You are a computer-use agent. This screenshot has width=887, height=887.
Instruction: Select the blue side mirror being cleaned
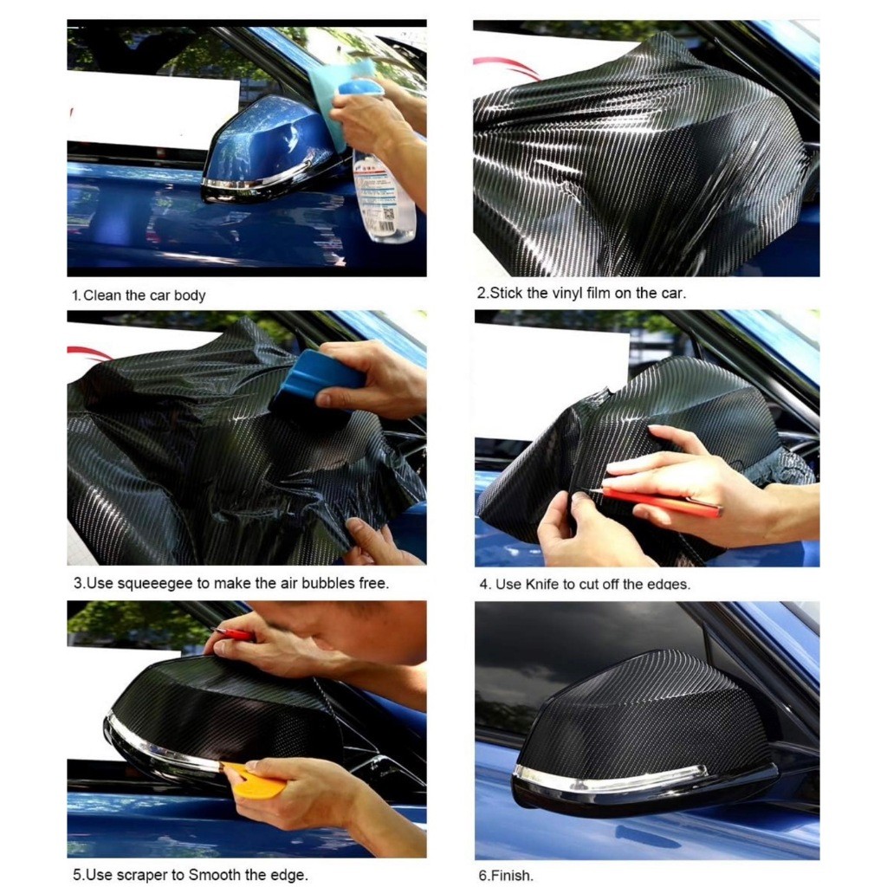[266, 150]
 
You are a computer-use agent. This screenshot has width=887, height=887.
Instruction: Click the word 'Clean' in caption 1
[103, 295]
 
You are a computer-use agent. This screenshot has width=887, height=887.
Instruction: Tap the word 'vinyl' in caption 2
[567, 293]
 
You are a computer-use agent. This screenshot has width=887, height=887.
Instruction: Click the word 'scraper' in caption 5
[144, 875]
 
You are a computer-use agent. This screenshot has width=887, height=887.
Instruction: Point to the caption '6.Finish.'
[506, 875]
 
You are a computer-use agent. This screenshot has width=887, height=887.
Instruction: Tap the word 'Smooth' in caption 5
[215, 875]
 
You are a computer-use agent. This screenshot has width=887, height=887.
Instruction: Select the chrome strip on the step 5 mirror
[164, 747]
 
